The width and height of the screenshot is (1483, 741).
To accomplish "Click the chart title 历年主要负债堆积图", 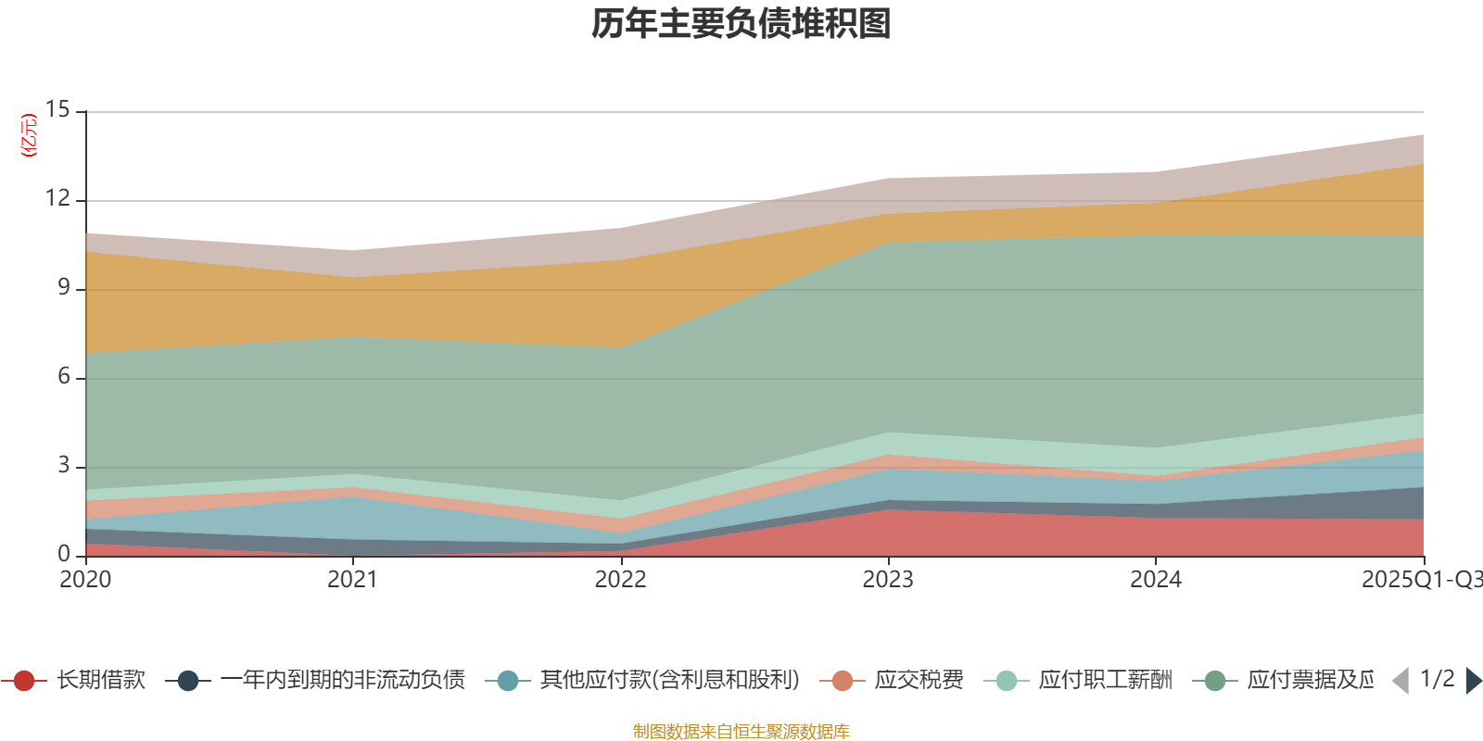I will [x=741, y=24].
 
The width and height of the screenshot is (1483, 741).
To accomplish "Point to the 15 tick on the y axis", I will [x=57, y=109].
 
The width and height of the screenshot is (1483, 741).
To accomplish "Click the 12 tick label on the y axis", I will [x=57, y=198].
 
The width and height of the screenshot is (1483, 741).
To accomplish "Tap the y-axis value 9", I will [x=63, y=287].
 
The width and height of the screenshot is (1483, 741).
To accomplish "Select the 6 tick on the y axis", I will [x=63, y=376].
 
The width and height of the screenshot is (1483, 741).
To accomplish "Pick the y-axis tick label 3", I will [x=63, y=465].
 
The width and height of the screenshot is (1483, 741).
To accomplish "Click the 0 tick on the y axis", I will [x=63, y=554].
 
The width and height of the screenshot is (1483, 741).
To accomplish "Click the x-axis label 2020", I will [x=85, y=580].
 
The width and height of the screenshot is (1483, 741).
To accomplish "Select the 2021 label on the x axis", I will [x=353, y=580].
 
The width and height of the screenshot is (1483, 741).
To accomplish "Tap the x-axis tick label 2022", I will [x=620, y=580].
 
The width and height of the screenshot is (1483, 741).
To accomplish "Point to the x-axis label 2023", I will [x=888, y=580].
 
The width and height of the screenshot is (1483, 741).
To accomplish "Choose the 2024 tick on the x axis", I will [x=1156, y=580].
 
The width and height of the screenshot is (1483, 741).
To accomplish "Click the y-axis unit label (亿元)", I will [x=30, y=135].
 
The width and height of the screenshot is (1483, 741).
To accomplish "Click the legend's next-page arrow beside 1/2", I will [x=1473, y=681].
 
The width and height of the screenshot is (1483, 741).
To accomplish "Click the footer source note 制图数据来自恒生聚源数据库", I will [x=741, y=732].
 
